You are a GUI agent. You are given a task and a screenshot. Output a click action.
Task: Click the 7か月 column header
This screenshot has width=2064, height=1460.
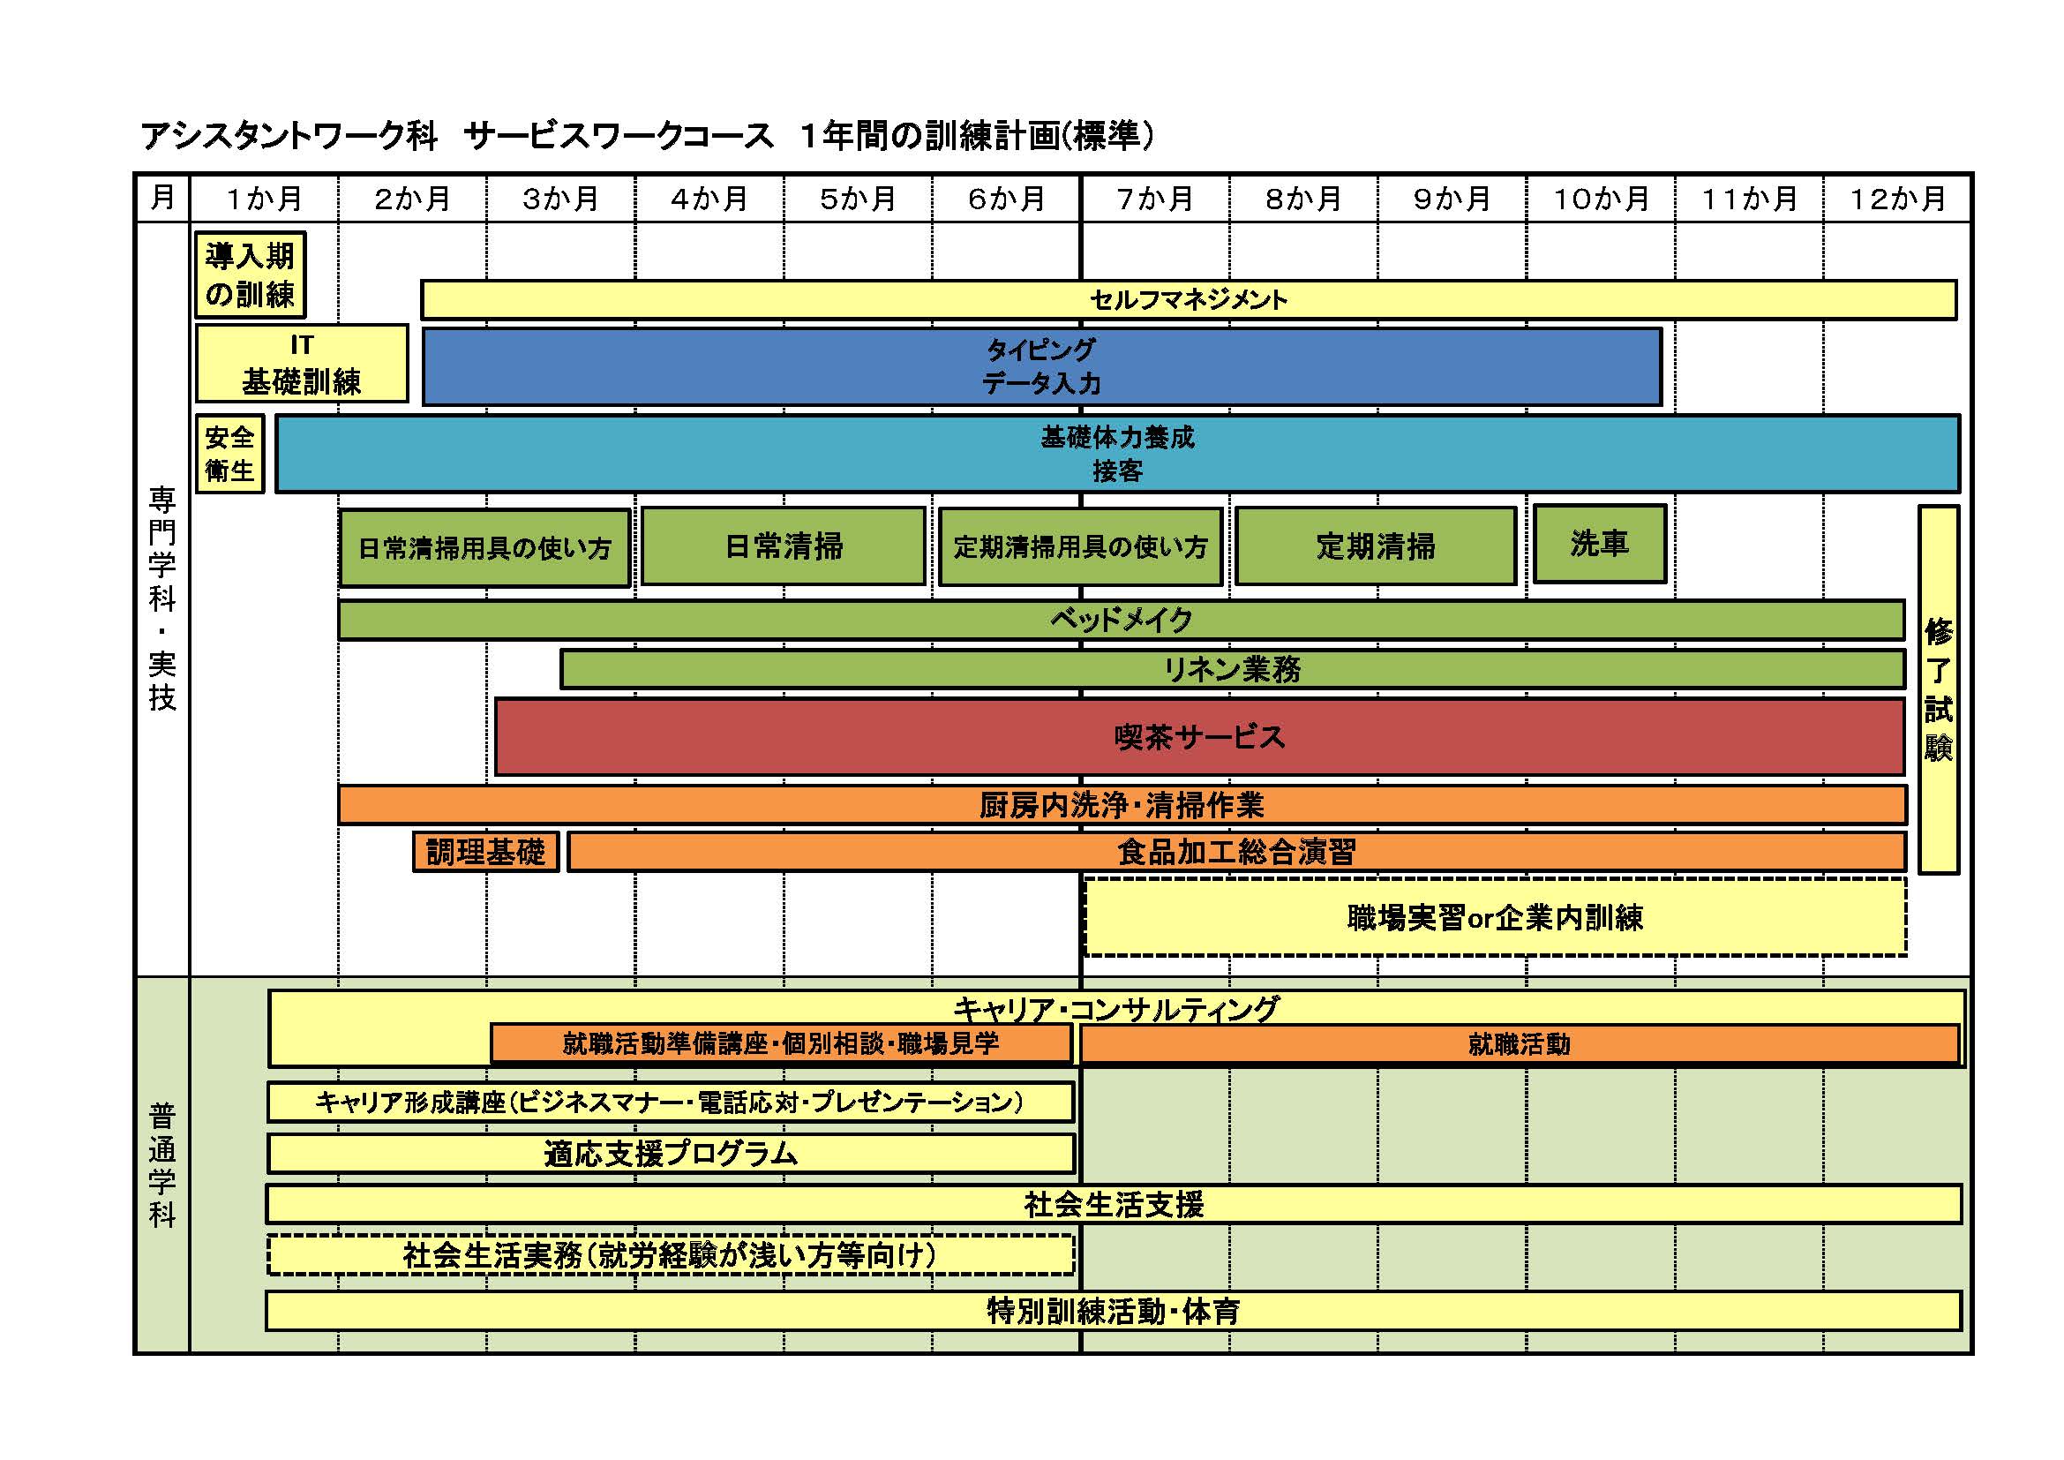(x=1154, y=198)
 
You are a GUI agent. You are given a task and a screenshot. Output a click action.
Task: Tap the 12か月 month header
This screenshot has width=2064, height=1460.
(x=1897, y=198)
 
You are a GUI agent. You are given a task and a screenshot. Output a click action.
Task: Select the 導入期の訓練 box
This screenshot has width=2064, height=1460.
(x=250, y=275)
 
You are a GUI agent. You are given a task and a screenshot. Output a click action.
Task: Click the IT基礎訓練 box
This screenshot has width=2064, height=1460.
(x=301, y=363)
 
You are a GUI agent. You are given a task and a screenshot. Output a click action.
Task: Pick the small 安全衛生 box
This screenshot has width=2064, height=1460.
(x=229, y=453)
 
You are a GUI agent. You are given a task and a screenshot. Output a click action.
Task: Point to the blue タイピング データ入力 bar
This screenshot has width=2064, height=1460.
(x=1041, y=366)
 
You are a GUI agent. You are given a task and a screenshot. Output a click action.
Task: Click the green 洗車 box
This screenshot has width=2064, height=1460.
(x=1599, y=543)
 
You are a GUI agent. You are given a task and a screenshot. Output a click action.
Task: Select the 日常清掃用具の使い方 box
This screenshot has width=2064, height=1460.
(x=484, y=547)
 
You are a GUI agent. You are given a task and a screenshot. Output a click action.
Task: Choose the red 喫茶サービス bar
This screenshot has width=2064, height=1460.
(x=1199, y=736)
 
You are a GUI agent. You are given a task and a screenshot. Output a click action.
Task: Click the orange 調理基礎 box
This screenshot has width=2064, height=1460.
(x=485, y=851)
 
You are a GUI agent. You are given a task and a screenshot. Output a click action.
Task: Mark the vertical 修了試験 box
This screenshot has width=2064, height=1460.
(x=1938, y=689)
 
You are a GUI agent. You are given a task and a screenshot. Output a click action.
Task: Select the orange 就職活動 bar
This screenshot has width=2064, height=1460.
(x=1519, y=1043)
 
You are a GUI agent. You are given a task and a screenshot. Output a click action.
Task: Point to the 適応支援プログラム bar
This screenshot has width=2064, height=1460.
(x=671, y=1154)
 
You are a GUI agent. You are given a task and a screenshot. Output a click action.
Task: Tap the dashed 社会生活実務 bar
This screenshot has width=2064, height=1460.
(x=671, y=1255)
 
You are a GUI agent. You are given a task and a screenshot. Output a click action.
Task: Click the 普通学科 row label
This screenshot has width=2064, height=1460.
(x=161, y=1165)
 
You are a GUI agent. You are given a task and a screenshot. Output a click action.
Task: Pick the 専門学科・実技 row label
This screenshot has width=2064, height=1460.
(x=161, y=598)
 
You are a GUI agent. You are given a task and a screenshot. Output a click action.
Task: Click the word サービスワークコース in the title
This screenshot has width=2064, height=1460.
(x=619, y=136)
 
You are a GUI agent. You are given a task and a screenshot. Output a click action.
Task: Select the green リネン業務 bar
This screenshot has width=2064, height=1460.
(x=1232, y=669)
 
